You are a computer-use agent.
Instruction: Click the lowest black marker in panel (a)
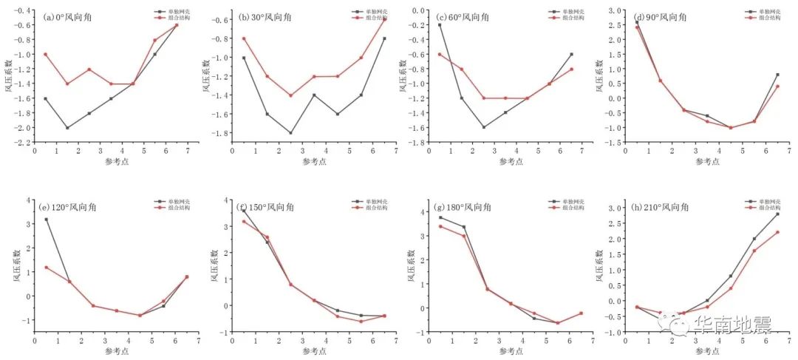point(67,128)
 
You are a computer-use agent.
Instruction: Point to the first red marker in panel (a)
point(45,54)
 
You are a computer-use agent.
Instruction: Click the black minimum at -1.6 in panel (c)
point(484,127)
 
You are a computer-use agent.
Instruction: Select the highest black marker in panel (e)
point(45,219)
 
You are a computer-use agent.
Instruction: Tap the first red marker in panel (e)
point(45,268)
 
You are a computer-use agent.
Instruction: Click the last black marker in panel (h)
point(777,214)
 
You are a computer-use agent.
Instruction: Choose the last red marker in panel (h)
point(777,232)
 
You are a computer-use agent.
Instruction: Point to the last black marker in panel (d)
point(777,75)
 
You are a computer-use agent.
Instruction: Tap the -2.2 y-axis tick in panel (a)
point(23,142)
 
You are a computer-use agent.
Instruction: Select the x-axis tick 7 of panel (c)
point(582,151)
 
